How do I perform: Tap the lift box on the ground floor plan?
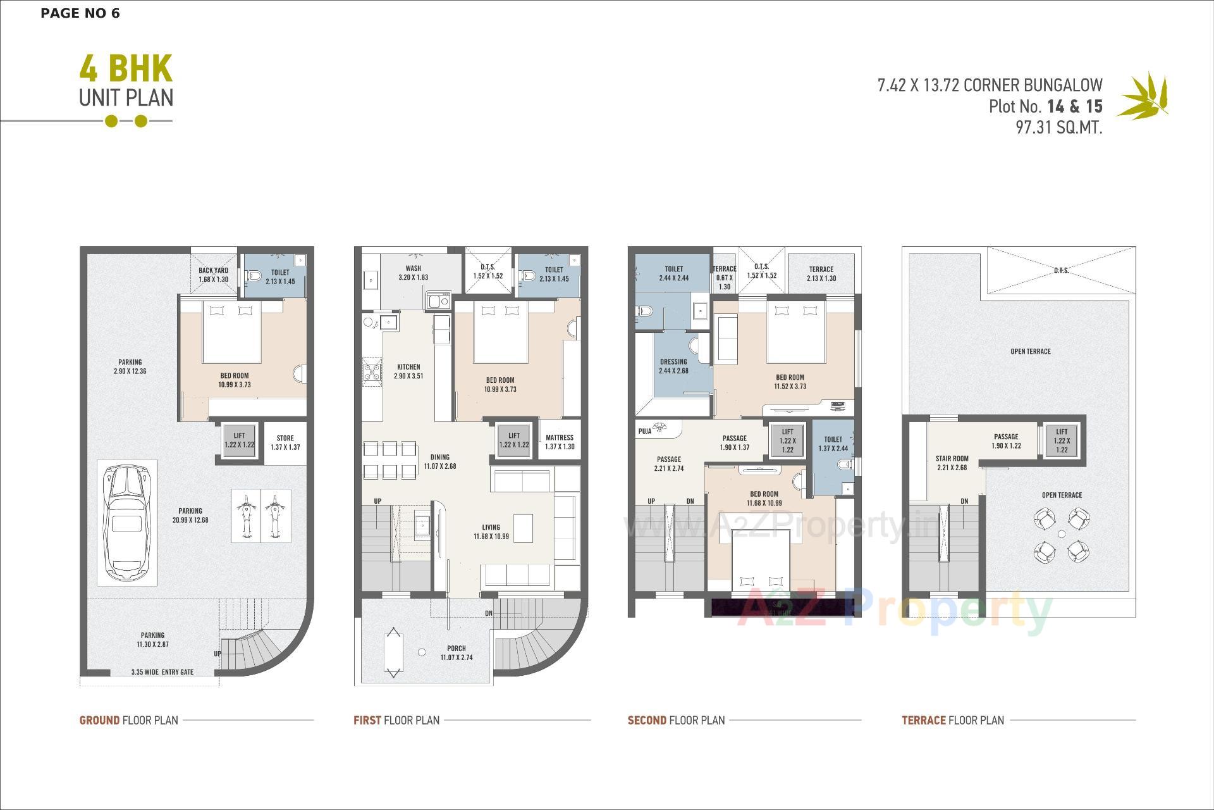pos(239,440)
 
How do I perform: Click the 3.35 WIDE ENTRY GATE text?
pos(162,672)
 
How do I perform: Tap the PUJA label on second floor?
pos(645,431)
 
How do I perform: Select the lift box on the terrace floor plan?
pos(1062,440)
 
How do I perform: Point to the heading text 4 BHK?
pos(126,69)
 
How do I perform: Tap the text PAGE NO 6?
pos(80,13)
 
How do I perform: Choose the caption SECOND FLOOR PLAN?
pos(676,720)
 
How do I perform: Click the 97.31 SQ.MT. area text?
pos(1058,127)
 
